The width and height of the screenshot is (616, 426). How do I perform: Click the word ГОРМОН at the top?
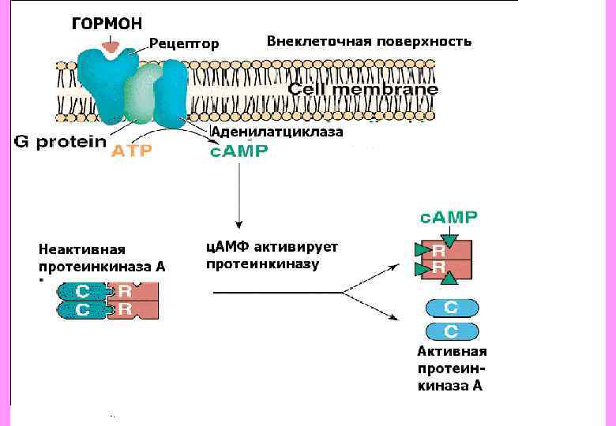[107, 24]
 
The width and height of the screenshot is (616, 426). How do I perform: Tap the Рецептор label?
[184, 43]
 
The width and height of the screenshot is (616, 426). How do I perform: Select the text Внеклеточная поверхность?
[369, 41]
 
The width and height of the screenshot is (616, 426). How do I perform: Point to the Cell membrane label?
[362, 90]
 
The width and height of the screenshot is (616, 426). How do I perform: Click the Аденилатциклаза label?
[276, 133]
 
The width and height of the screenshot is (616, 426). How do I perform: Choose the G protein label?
[60, 142]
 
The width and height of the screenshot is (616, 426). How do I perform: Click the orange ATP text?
[130, 151]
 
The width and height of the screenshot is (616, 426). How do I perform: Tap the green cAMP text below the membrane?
[239, 151]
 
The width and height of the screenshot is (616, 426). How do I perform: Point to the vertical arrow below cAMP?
[239, 194]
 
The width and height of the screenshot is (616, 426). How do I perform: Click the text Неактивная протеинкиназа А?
[102, 258]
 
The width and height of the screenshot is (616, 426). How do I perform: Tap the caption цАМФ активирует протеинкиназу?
[272, 255]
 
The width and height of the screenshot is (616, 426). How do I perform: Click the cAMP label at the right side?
[448, 217]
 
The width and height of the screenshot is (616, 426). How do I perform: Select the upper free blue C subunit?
[452, 308]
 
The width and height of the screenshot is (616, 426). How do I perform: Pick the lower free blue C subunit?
[452, 330]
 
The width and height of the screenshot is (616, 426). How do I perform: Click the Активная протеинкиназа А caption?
[452, 368]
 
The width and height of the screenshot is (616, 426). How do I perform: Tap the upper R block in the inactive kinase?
[126, 290]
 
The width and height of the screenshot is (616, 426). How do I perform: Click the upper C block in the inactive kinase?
[83, 290]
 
